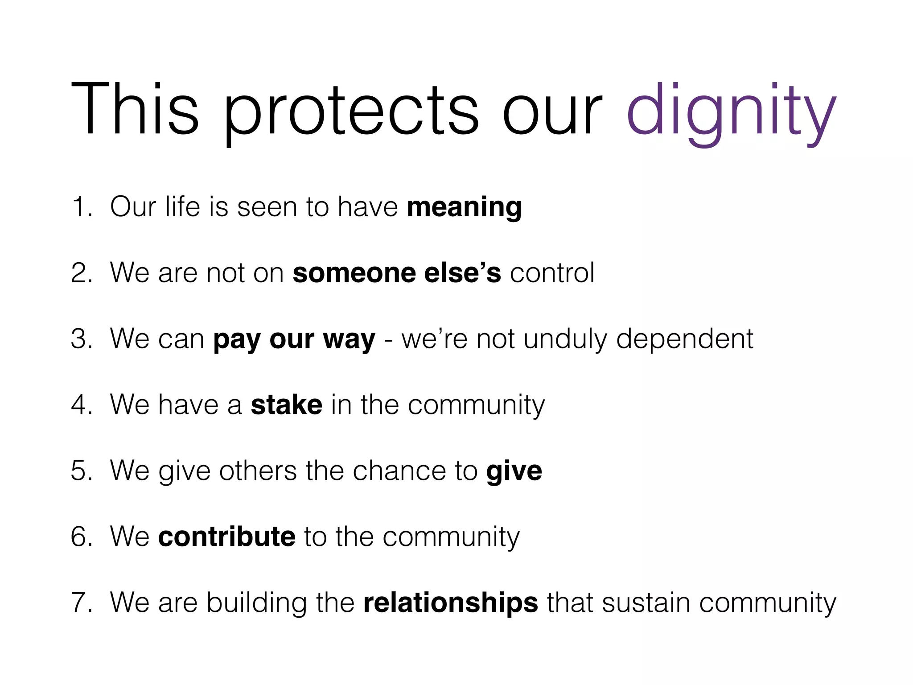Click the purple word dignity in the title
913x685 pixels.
click(731, 111)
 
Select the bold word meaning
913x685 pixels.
click(464, 207)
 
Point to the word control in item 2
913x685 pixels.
click(552, 273)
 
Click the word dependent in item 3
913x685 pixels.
click(685, 339)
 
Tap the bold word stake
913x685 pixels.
click(287, 405)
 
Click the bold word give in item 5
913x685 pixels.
click(514, 471)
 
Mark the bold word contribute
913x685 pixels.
click(227, 536)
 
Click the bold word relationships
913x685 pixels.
click(451, 603)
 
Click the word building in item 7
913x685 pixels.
click(257, 603)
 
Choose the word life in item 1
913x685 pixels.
click(182, 207)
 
